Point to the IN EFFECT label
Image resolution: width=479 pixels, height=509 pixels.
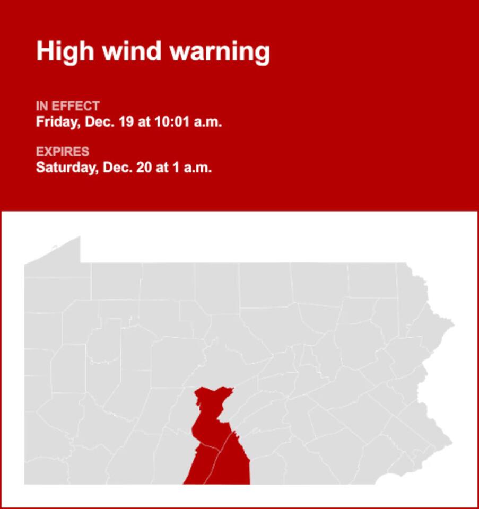pyautogui.click(x=67, y=106)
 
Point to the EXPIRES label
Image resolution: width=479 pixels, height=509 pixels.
pyautogui.click(x=63, y=152)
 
